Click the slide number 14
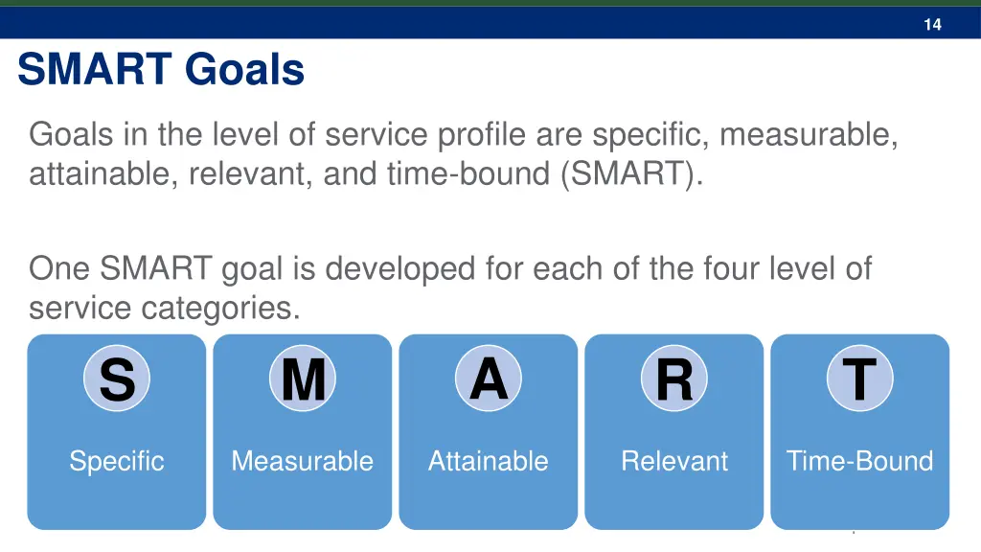(x=932, y=25)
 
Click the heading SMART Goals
(x=161, y=70)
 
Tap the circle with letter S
(x=117, y=379)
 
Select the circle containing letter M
(x=303, y=379)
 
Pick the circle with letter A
(x=489, y=379)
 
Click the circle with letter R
(x=674, y=379)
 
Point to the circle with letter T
(x=859, y=379)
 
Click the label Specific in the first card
(x=117, y=461)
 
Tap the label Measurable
(x=303, y=461)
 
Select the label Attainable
(x=489, y=461)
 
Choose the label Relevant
(x=674, y=461)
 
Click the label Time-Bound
(x=859, y=461)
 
